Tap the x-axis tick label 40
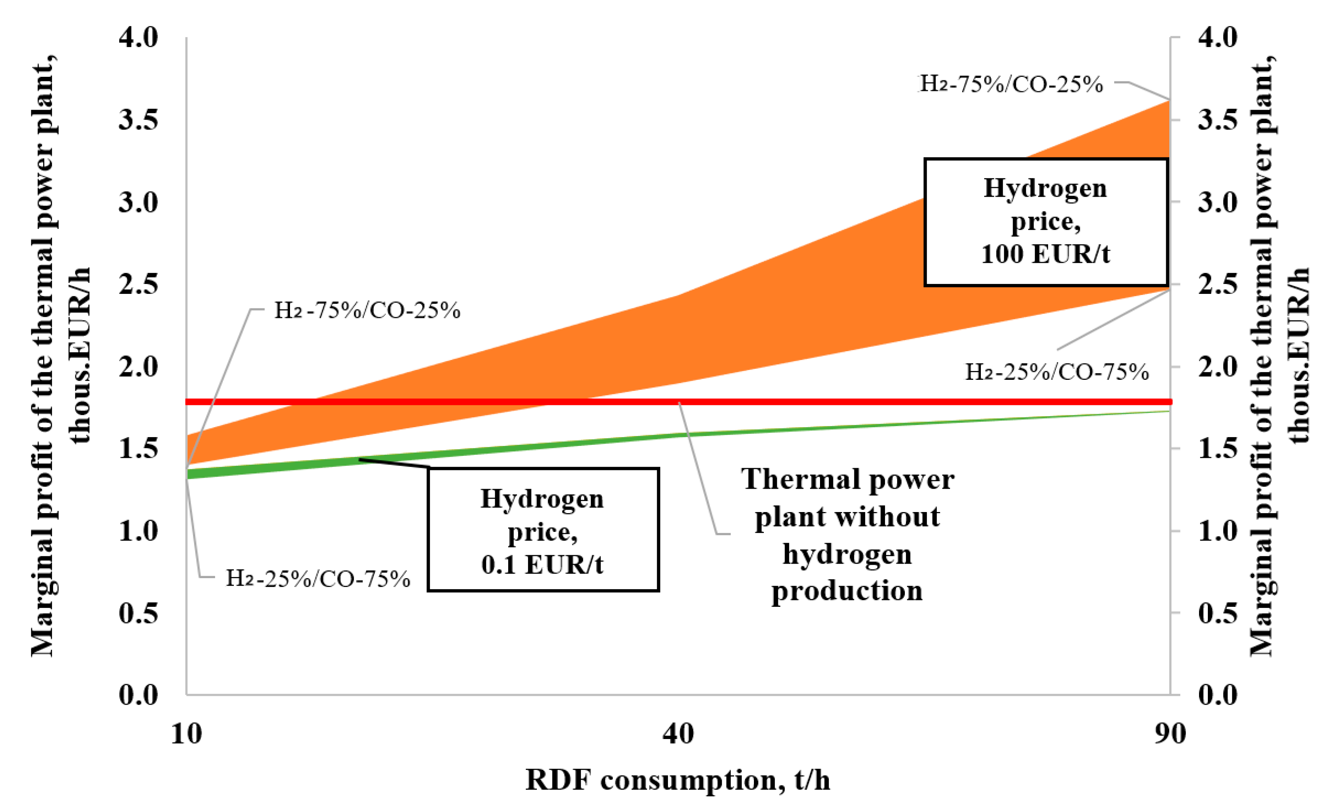(678, 734)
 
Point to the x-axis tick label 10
(186, 734)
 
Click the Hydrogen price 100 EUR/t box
(1046, 221)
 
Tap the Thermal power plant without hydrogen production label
(848, 535)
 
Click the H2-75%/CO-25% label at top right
(1010, 84)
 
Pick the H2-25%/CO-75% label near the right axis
(1057, 372)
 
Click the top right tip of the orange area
(1168, 102)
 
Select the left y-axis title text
(59, 355)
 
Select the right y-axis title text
(1279, 355)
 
